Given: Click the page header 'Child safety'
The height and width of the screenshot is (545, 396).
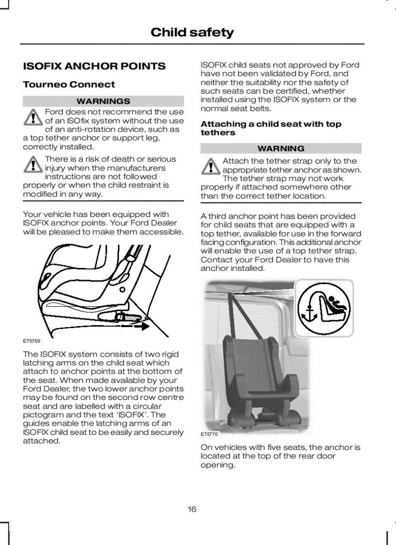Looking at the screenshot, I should click(x=192, y=33).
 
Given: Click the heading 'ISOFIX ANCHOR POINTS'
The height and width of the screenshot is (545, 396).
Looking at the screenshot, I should click(x=94, y=66).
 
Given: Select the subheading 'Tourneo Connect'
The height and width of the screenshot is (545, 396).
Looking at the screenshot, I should click(x=69, y=84).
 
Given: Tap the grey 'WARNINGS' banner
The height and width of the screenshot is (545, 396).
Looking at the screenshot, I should click(x=103, y=101).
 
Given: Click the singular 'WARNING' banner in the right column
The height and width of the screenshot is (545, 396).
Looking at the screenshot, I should click(x=281, y=148).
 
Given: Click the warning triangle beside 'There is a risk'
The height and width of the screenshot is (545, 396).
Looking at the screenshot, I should click(x=33, y=165).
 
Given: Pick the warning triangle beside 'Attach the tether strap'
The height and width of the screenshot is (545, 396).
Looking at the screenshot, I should click(x=210, y=167).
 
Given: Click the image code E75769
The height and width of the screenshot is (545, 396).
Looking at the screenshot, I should click(x=32, y=341).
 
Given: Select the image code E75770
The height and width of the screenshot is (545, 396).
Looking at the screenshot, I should click(x=209, y=434).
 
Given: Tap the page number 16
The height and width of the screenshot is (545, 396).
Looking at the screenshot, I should click(x=192, y=509).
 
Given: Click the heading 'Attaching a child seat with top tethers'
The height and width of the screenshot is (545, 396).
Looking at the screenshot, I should click(x=271, y=128).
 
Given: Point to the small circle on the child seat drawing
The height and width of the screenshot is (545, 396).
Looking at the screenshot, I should click(x=122, y=289).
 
